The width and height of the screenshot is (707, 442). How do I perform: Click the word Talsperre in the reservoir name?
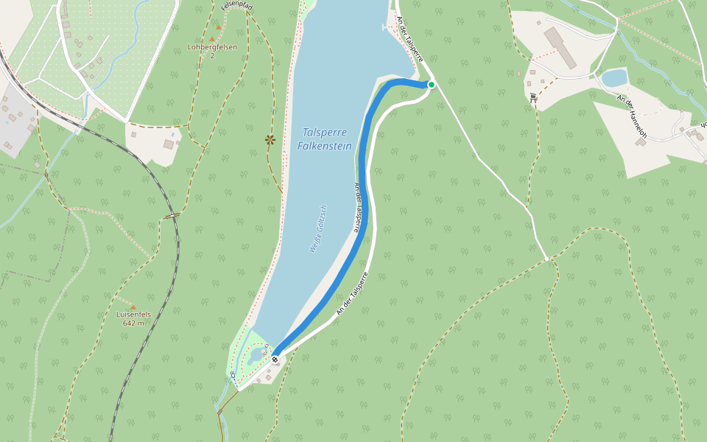click(325, 133)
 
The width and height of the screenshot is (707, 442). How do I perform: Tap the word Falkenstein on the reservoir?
click(325, 146)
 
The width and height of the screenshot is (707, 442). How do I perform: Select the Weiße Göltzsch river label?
click(318, 229)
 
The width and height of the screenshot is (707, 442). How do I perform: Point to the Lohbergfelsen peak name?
click(212, 47)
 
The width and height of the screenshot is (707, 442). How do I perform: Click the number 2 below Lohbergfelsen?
click(212, 56)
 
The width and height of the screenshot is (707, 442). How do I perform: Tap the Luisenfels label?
click(133, 315)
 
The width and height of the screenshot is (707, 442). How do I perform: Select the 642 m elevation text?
click(133, 323)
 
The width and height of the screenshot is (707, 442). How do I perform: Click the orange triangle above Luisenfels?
click(133, 306)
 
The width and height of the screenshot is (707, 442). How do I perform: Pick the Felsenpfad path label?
click(236, 7)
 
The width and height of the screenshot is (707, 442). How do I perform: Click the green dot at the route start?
click(432, 85)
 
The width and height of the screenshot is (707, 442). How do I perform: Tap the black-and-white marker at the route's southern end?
click(275, 359)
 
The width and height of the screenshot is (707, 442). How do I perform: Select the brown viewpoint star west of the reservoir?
click(270, 138)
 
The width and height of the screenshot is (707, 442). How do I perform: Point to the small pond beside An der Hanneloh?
click(614, 77)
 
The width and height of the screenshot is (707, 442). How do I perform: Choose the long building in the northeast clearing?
click(561, 48)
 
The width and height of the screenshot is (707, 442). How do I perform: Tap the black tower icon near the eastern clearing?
click(533, 97)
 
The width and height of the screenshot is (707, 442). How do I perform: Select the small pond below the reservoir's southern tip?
click(255, 357)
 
